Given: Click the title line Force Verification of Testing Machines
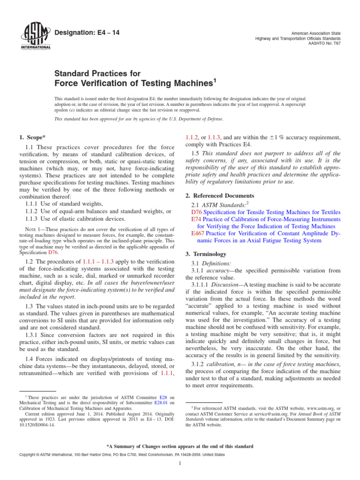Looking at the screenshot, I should pos(134,83).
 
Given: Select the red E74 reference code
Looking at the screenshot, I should pos(196,219).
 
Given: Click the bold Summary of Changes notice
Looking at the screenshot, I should pos(180,446).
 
